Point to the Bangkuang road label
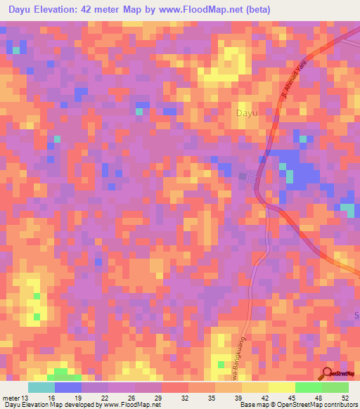tap(245, 349)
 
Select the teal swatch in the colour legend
tap(41, 387)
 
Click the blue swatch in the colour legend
tap(68, 387)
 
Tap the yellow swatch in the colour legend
tap(282, 387)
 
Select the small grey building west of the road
tap(244, 176)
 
